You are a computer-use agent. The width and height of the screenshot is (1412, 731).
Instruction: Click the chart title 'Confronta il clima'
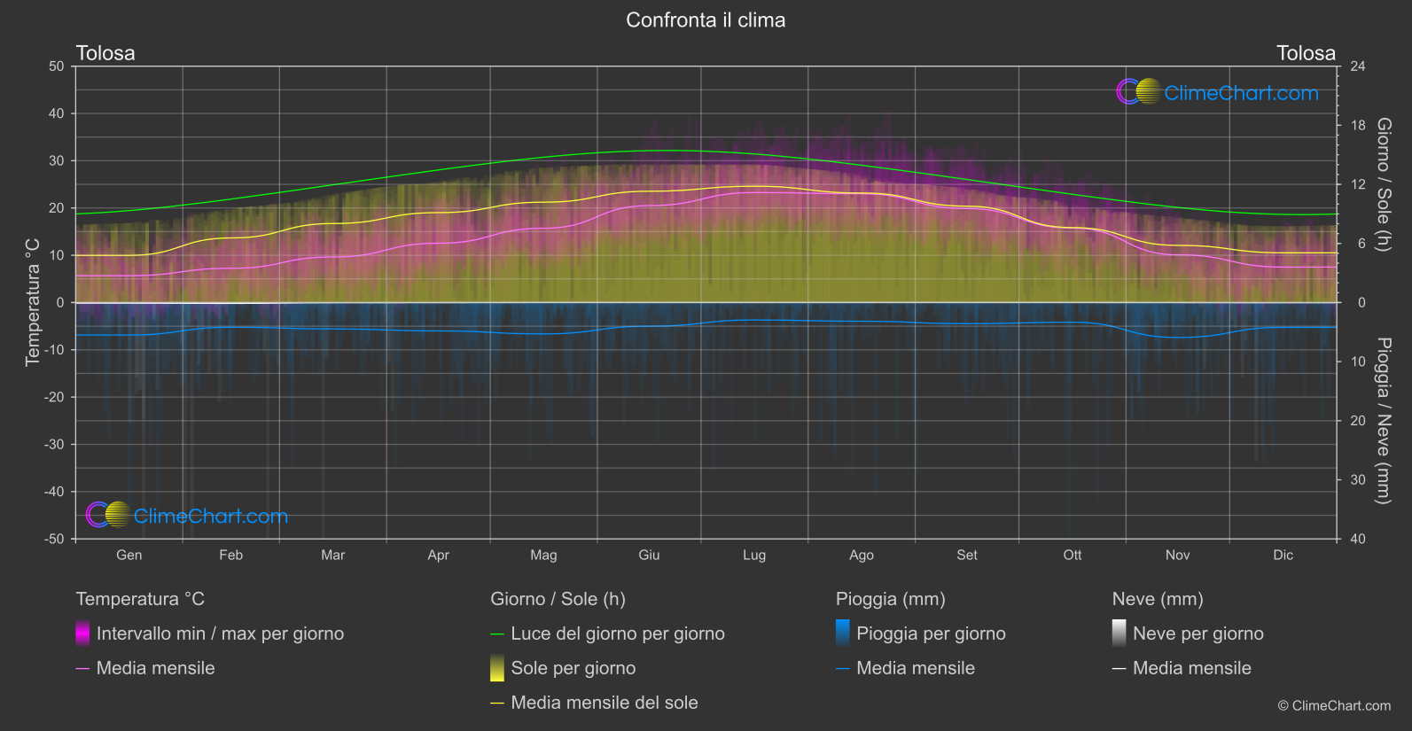706,20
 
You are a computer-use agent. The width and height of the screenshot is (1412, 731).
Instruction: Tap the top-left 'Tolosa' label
105,53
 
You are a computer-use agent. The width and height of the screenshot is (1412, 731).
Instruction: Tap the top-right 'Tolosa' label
1306,53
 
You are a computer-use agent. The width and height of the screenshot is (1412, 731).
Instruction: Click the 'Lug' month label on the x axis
754,556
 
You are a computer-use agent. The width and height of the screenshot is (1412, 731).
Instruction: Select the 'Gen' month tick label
129,556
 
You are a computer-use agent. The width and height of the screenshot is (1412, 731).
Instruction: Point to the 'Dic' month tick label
1283,556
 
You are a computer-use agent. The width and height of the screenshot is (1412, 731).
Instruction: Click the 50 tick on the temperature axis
57,66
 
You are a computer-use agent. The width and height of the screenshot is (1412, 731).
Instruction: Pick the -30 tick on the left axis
54,445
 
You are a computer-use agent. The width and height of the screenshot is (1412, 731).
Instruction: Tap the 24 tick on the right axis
1357,66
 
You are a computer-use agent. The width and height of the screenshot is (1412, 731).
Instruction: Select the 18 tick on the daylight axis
1357,126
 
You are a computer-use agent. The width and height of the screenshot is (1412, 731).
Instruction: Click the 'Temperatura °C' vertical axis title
33,302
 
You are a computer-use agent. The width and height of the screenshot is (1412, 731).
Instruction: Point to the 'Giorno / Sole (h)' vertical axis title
1384,184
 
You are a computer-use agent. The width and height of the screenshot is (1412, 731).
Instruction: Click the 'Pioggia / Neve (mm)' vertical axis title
1384,421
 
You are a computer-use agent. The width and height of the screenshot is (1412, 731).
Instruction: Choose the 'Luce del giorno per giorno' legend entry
617,634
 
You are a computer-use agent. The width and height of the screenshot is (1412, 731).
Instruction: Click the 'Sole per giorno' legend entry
573,668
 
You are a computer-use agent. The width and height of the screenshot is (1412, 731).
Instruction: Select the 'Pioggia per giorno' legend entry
931,634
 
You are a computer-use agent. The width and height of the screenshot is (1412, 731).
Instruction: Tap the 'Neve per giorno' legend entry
1197,634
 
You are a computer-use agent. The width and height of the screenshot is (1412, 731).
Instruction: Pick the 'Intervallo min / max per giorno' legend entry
220,634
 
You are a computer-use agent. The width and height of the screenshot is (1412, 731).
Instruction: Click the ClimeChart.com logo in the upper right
1218,92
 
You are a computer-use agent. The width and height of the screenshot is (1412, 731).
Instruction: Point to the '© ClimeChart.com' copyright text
1334,706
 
